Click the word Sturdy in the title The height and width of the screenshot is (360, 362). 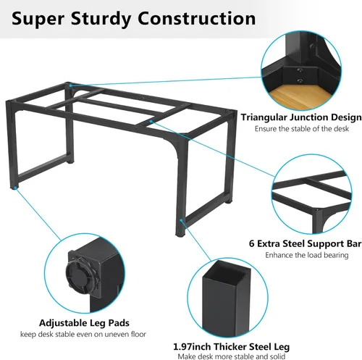101,20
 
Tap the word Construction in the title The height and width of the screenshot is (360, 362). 197,18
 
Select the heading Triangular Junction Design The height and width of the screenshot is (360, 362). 301,117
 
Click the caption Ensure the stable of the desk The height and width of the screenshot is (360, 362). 302,129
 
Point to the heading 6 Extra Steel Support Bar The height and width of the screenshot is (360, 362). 306,243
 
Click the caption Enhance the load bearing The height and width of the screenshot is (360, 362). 307,255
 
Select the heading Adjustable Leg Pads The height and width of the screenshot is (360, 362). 84,323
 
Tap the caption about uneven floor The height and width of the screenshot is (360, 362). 83,335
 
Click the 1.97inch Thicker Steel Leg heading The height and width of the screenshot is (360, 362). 232,347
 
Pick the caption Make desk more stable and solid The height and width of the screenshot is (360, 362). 232,356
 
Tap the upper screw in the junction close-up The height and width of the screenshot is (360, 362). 300,70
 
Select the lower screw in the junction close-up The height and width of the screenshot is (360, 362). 300,81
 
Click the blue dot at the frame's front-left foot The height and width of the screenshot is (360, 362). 15,188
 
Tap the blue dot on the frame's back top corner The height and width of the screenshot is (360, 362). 70,85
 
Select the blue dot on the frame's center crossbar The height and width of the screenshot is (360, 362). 151,122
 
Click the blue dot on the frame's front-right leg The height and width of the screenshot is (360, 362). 181,220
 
